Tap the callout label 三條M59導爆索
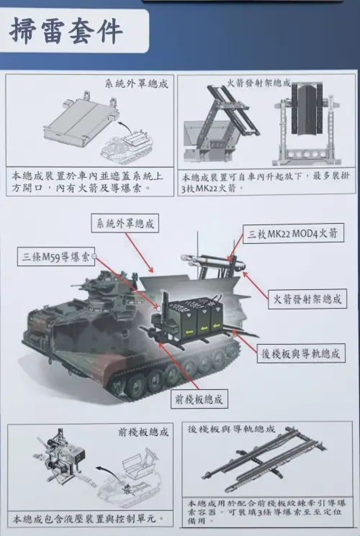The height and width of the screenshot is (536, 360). pyautogui.click(x=56, y=258)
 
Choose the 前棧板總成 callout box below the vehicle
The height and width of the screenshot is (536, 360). pyautogui.click(x=199, y=398)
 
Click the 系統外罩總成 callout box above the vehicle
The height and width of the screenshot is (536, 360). pyautogui.click(x=125, y=223)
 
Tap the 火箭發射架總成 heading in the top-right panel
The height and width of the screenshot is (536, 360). pyautogui.click(x=261, y=83)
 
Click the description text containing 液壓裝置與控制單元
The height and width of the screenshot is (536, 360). pyautogui.click(x=90, y=518)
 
